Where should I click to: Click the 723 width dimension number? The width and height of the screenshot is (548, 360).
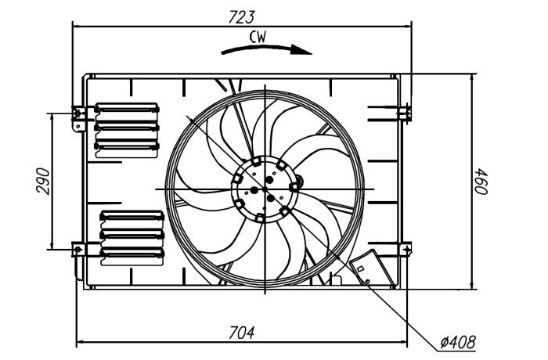[x=241, y=17]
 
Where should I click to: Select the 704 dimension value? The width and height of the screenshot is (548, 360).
[x=241, y=333]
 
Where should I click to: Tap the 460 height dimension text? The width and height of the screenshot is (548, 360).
[x=481, y=182]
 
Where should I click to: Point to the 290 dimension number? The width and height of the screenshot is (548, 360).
[x=43, y=181]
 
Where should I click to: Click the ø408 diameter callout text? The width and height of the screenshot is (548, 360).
[x=458, y=342]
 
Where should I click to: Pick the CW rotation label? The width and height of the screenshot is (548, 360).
[x=258, y=37]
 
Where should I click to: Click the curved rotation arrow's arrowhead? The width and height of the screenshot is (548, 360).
[x=301, y=50]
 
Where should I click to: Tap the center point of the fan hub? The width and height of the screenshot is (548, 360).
[x=265, y=189]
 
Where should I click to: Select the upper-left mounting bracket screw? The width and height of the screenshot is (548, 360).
[x=78, y=113]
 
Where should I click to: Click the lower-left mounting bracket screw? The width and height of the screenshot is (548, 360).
[x=78, y=250]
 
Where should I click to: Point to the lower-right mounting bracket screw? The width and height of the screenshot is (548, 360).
[x=407, y=250]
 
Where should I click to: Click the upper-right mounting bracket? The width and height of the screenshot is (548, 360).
[x=405, y=113]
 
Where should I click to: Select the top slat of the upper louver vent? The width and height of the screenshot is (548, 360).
[x=127, y=108]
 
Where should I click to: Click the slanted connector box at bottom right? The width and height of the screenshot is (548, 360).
[x=372, y=268]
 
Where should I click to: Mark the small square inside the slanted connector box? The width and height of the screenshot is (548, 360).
[x=361, y=268]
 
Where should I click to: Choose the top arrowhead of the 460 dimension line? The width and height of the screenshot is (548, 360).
[x=472, y=78]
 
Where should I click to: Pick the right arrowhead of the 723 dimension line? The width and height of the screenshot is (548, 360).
[x=407, y=26]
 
